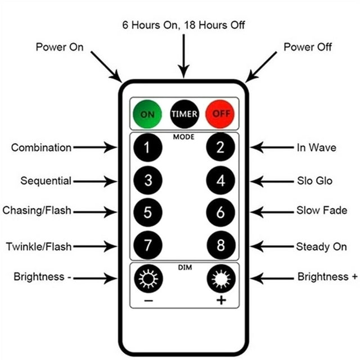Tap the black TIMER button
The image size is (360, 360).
point(184,114)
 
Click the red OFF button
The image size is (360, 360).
point(220,114)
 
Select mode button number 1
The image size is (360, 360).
point(147,147)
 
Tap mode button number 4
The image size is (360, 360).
point(220,181)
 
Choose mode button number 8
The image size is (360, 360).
point(221,245)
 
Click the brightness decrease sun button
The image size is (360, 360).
point(148,278)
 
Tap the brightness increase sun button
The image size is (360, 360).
point(221,278)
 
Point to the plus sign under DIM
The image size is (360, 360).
point(221,300)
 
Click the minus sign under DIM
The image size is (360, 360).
point(148,300)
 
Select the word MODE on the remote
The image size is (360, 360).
point(184,137)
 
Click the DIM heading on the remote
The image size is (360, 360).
point(185,267)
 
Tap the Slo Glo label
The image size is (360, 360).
point(315,181)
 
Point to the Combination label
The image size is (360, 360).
point(41,147)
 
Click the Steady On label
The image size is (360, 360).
point(321,247)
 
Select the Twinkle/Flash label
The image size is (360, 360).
point(39,246)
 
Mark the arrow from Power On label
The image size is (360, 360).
point(106,66)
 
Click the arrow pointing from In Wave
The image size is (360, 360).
point(272,147)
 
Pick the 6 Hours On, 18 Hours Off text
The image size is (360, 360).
point(183,25)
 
